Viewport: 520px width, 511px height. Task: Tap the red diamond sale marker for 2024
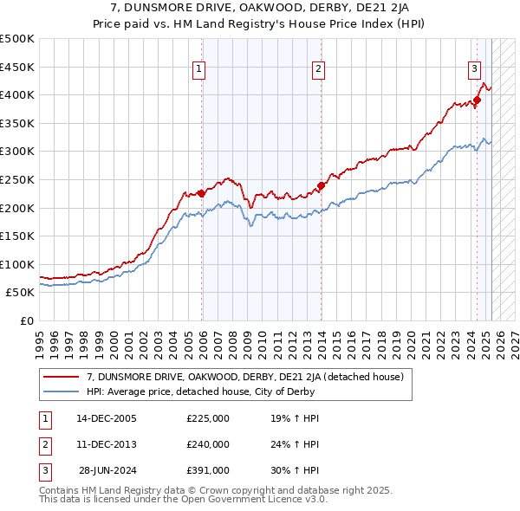pyautogui.click(x=477, y=100)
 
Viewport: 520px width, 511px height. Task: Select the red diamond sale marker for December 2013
pyautogui.click(x=321, y=185)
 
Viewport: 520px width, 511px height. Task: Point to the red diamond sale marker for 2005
pyautogui.click(x=202, y=193)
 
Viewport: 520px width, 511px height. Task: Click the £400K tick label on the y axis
pyautogui.click(x=17, y=95)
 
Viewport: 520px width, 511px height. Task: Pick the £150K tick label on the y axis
pyautogui.click(x=17, y=236)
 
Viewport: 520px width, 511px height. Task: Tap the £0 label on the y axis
pyautogui.click(x=28, y=320)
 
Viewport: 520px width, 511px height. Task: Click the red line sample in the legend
pyautogui.click(x=61, y=377)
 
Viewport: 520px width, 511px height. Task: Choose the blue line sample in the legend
pyautogui.click(x=61, y=391)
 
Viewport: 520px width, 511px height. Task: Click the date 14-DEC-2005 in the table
pyautogui.click(x=107, y=418)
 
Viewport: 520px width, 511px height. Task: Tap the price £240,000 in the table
pyautogui.click(x=208, y=444)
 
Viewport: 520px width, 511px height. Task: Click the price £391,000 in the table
pyautogui.click(x=208, y=470)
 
